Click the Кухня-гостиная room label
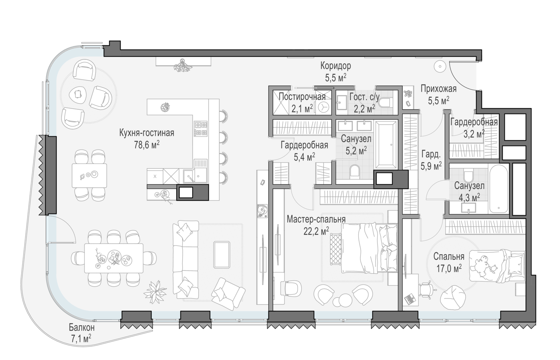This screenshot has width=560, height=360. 146,133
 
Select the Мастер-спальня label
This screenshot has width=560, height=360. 316,220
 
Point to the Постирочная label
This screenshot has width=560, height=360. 302,96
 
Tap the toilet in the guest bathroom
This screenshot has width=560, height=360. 385,102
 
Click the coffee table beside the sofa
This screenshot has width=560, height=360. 221,254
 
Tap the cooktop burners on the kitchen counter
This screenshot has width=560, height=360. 201,128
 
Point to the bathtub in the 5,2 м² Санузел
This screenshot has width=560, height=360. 386,145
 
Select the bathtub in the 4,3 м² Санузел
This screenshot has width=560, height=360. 498,189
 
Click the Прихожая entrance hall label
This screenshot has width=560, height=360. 439,89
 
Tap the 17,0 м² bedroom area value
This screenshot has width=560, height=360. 449,269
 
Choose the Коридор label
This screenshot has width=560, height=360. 336,66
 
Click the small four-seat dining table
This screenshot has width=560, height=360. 89,176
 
